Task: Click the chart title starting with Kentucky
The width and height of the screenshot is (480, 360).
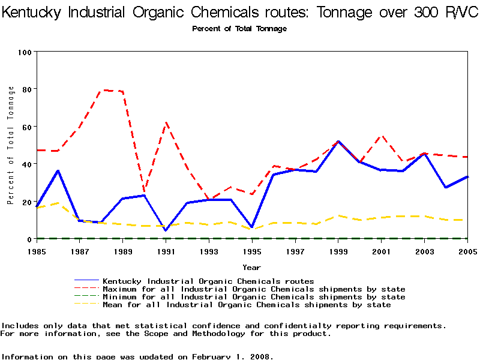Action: (240, 13)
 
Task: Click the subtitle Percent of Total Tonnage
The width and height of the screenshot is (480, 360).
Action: (239, 29)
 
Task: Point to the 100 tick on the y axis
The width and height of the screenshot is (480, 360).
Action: (25, 52)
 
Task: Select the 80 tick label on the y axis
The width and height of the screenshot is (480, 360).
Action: (26, 89)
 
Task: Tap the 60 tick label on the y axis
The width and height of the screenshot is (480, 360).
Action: (26, 127)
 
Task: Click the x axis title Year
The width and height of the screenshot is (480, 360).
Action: (251, 267)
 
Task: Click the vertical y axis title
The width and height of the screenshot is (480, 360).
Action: (11, 145)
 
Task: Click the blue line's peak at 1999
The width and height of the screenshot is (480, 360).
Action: (338, 142)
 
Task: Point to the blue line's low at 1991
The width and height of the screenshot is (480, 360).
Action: (166, 230)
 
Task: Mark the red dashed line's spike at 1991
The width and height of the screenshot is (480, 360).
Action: (166, 123)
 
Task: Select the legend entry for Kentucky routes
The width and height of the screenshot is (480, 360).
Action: (208, 281)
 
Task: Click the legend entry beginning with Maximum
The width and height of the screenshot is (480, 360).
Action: (254, 289)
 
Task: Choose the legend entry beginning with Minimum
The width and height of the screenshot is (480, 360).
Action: (254, 297)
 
